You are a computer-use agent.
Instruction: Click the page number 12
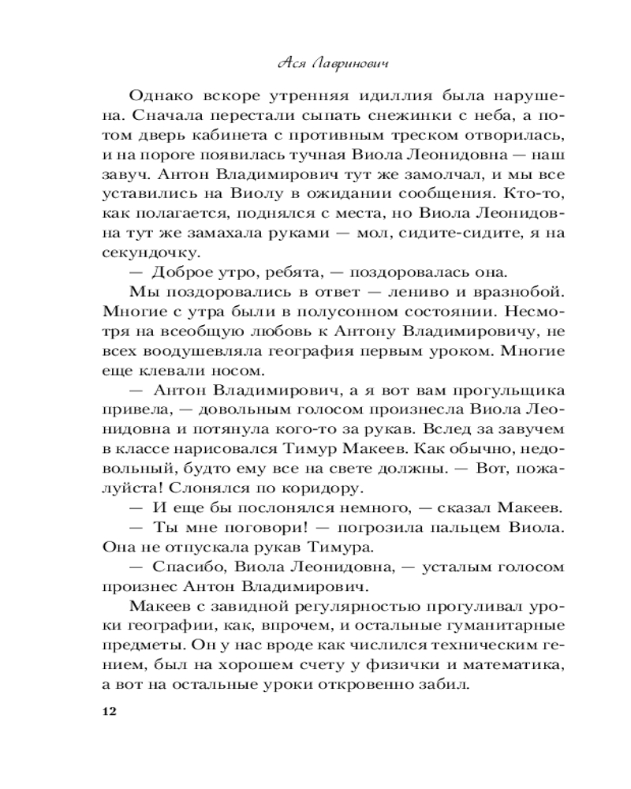pyautogui.click(x=109, y=712)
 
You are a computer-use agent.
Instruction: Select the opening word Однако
pyautogui.click(x=162, y=96)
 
